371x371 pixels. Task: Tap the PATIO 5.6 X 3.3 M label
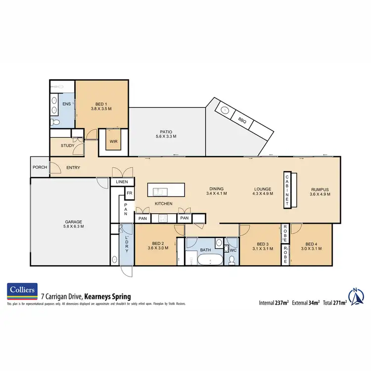pos(165,133)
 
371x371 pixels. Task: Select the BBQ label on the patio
pos(242,120)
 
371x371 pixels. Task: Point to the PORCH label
pos(40,167)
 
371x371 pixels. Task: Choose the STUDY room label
pos(68,145)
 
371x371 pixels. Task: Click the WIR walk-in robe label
pos(113,141)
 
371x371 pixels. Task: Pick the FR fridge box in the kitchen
pos(129,193)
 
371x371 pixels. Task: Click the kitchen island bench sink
pos(159,191)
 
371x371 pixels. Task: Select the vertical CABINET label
pos(287,190)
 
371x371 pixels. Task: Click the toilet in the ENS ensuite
pos(56,122)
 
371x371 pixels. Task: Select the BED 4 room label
pos(311,246)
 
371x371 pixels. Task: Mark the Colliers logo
pos(22,292)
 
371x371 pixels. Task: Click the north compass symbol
pos(356,297)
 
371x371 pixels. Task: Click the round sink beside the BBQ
pos(225,111)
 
